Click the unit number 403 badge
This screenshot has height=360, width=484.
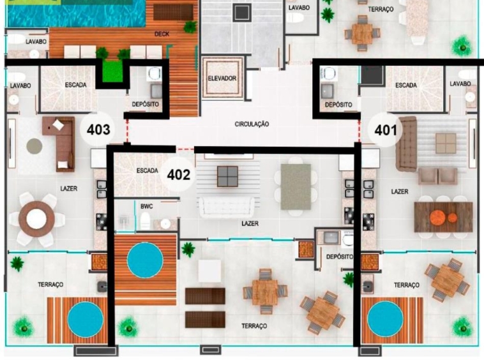click(x=98, y=129)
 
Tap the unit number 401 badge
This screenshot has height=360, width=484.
click(x=386, y=130)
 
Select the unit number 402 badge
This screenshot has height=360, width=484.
click(x=178, y=175)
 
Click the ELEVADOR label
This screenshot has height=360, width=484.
click(x=222, y=79)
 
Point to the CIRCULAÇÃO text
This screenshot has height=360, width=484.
click(x=252, y=124)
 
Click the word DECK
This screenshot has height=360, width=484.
click(x=162, y=34)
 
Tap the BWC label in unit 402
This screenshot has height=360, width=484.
click(x=147, y=206)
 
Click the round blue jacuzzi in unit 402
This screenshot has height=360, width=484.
click(x=145, y=260)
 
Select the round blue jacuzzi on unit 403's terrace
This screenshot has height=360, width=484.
click(x=85, y=320)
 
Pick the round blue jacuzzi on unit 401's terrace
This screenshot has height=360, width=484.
click(x=386, y=319)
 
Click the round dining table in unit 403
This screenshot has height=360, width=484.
click(x=36, y=219)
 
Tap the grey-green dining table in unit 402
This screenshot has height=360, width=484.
click(x=296, y=186)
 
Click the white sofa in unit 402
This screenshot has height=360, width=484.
click(x=227, y=207)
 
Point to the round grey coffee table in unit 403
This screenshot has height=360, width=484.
click(x=34, y=146)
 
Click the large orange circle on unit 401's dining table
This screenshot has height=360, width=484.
click(x=438, y=218)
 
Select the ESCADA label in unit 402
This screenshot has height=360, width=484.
click(x=147, y=170)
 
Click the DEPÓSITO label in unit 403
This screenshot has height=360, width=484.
click(x=145, y=104)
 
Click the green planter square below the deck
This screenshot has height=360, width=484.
click(x=111, y=71)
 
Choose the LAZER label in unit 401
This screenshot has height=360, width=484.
click(x=400, y=191)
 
